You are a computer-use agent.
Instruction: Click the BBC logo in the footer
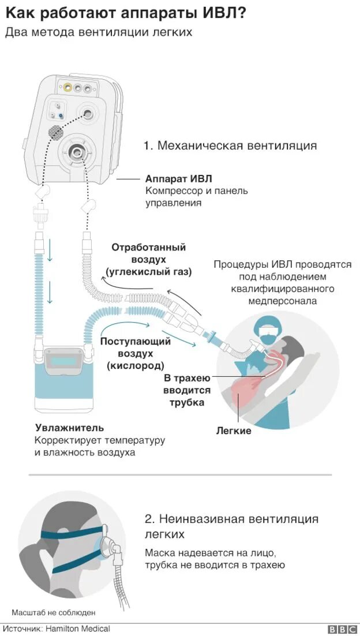[342, 629]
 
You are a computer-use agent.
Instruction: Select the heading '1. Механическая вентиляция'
[230, 145]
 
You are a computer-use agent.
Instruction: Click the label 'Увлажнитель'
[69, 428]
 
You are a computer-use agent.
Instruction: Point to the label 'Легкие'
[234, 431]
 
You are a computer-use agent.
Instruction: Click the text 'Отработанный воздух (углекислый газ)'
[148, 259]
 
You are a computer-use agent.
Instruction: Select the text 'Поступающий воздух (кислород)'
[136, 353]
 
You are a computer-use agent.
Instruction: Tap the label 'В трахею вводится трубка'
[187, 390]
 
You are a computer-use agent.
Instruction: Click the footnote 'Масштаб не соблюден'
[54, 612]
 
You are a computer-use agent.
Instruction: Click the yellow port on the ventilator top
[69, 88]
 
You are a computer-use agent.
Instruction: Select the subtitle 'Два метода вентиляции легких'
[99, 32]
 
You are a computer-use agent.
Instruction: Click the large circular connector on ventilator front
[77, 152]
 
